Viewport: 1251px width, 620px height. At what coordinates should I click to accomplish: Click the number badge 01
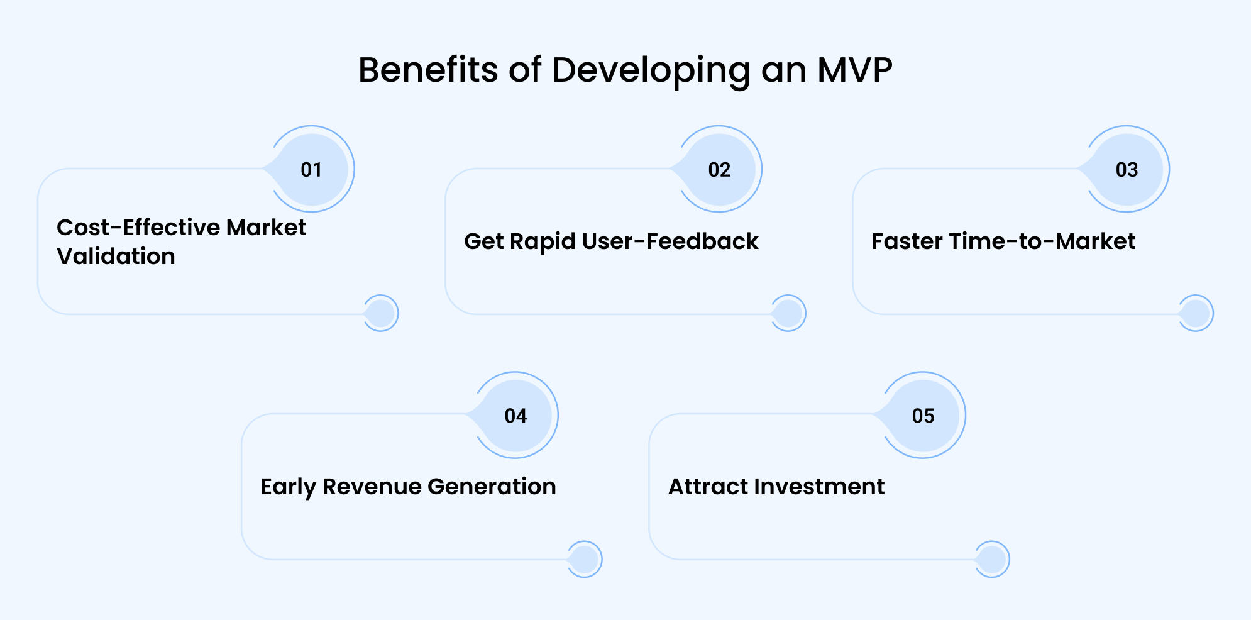click(312, 169)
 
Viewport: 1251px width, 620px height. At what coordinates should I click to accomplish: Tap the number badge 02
click(719, 169)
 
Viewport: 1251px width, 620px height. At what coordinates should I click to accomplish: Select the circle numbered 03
click(1127, 169)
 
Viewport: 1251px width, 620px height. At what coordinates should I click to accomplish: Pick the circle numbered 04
click(515, 415)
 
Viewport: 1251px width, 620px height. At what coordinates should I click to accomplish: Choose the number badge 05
click(923, 415)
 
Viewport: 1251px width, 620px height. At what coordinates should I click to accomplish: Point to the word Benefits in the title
click(427, 70)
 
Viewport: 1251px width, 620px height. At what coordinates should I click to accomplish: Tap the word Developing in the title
click(651, 71)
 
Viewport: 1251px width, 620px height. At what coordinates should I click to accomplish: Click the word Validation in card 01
click(116, 257)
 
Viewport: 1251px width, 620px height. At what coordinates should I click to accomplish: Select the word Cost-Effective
click(138, 228)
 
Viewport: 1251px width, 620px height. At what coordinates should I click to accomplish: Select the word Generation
click(492, 487)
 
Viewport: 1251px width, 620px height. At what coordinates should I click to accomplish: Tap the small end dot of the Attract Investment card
click(992, 560)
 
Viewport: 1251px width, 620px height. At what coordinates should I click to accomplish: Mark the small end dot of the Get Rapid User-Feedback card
click(788, 313)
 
